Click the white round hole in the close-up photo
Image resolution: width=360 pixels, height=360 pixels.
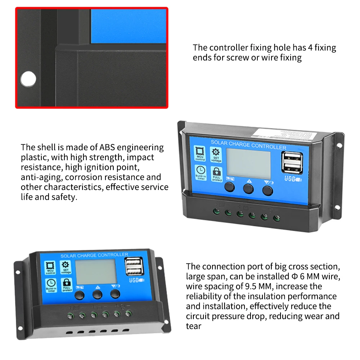coord(28,78)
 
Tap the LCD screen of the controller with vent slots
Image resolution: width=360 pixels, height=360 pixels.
coord(95,273)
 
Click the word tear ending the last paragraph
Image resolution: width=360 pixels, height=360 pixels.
coord(194,326)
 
